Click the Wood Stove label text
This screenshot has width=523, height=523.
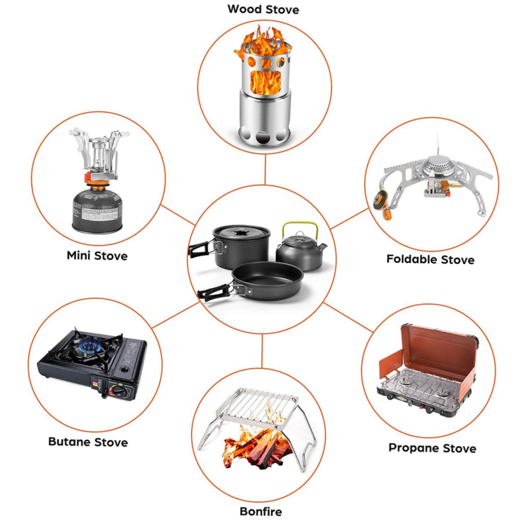263,9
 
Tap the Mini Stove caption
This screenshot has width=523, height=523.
97,256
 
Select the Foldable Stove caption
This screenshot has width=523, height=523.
430,259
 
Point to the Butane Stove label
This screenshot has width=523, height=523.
88,442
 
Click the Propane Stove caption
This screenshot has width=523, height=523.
432,448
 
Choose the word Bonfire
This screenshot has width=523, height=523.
261,511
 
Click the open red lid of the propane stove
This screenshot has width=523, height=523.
438,347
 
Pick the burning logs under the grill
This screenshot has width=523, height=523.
257,447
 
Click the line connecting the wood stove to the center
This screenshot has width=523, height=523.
265,169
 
